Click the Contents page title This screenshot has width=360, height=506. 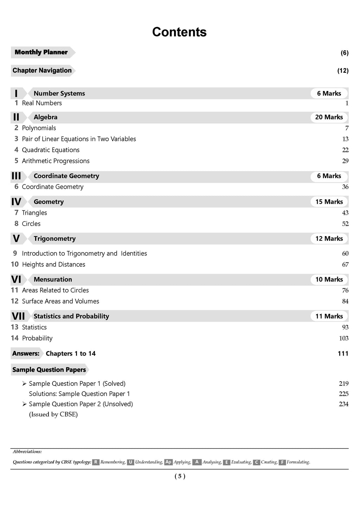tap(179, 32)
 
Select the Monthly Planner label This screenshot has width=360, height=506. tap(41, 52)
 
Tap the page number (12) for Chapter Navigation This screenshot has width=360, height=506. tap(343, 71)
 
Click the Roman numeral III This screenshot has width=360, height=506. tap(16, 176)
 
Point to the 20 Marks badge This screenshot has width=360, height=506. tap(329, 117)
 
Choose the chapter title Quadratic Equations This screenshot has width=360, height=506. tap(51, 150)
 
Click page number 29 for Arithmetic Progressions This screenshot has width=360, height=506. tap(345, 161)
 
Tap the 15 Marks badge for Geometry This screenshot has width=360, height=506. tap(329, 202)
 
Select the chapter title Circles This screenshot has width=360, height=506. tap(31, 224)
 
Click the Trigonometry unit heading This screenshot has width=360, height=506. tap(54, 239)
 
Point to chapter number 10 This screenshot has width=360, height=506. tap(15, 264)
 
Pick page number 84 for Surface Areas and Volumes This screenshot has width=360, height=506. tap(345, 301)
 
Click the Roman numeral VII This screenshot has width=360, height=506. tap(18, 316)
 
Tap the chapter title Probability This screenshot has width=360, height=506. tap(37, 338)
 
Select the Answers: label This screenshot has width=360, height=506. tap(26, 353)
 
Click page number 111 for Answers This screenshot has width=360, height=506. tap(343, 353)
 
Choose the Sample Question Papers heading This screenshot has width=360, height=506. tap(49, 370)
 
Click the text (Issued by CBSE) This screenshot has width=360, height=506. tap(53, 414)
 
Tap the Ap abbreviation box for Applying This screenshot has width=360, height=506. tap(168, 462)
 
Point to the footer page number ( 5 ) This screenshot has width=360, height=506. tap(180, 476)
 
